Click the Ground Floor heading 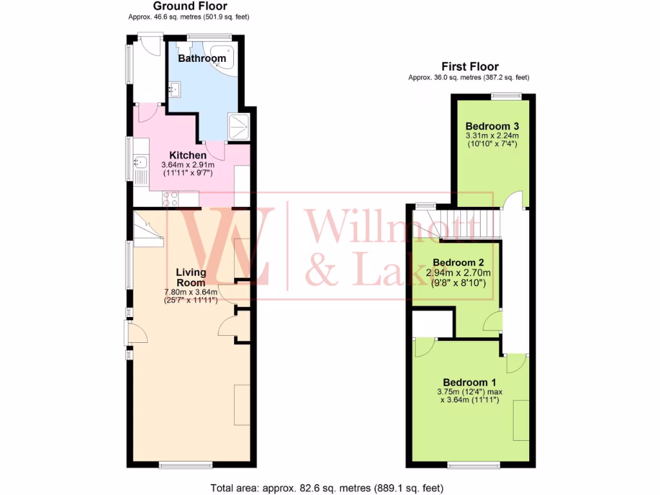coord(190,6)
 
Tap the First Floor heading coord(469,66)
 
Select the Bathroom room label coord(202,59)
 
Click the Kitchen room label coord(188,155)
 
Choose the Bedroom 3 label coord(492,126)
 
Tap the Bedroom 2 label coord(458,263)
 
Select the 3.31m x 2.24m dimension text coord(492,136)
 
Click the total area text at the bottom coord(327,488)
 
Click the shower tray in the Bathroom coord(238,126)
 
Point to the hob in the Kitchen coord(171,199)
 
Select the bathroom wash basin coord(175,88)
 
